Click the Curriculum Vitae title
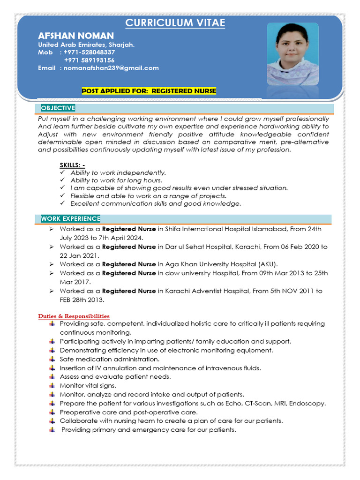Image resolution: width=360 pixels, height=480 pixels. tap(175, 23)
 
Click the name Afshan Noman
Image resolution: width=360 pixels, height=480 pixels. tap(75, 36)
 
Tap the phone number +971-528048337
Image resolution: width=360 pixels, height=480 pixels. tap(89, 52)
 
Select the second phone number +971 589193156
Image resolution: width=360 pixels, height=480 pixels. tap(89, 60)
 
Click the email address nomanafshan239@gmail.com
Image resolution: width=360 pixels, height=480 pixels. tap(109, 68)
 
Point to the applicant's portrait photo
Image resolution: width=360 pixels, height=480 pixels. tap(292, 54)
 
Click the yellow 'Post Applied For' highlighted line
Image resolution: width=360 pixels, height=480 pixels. tap(149, 91)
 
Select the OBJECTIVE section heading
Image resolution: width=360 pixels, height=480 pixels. tap(58, 108)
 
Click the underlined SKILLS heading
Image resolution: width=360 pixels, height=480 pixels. tap(72, 165)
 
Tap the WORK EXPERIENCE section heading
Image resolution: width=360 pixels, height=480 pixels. tap(70, 218)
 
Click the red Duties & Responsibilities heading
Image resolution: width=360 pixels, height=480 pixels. tap(74, 316)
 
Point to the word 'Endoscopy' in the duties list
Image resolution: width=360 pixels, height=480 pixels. tap(309, 404)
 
